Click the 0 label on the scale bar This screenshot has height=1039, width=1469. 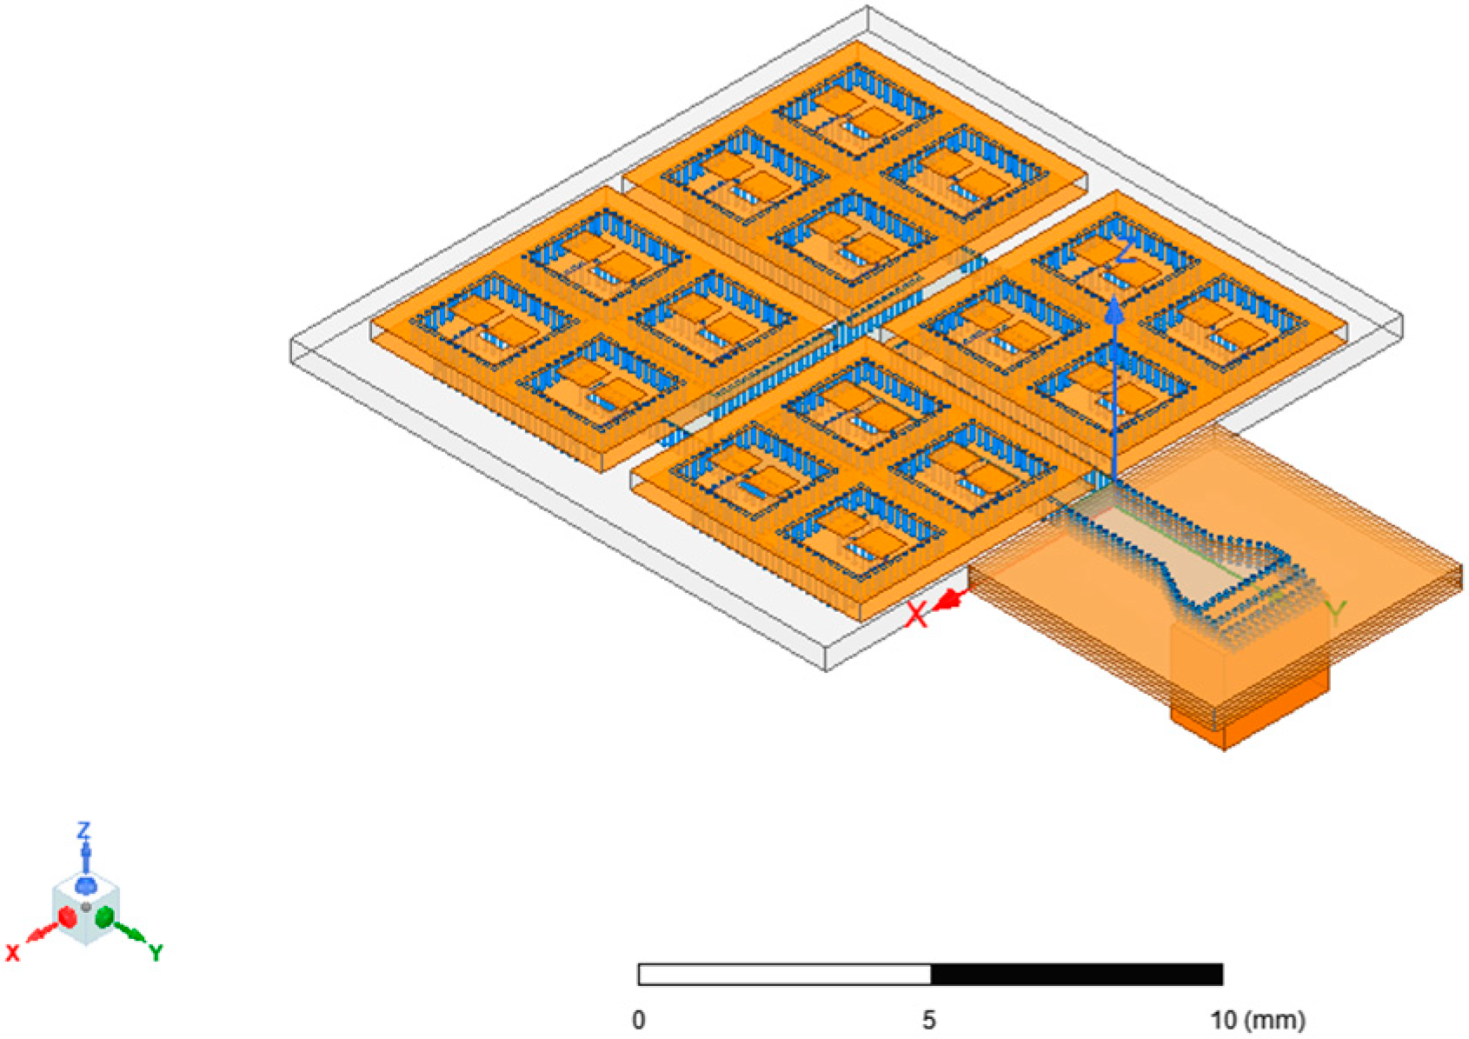click(639, 1020)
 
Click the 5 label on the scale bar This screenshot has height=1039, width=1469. click(929, 1020)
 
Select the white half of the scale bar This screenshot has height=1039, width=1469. click(784, 975)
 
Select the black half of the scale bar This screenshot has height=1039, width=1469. click(1076, 975)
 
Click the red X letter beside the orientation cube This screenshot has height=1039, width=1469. click(12, 953)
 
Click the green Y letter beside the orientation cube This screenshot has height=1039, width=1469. click(156, 953)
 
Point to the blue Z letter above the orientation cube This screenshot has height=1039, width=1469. click(84, 829)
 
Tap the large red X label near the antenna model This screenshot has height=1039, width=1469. click(916, 616)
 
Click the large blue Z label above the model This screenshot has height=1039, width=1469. click(1125, 252)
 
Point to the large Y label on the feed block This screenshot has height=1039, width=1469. click(1336, 613)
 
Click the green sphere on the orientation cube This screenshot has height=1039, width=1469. click(104, 916)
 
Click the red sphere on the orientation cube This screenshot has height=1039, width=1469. click(67, 916)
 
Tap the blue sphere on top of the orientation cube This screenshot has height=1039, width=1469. click(85, 885)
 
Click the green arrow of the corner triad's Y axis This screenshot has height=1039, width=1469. click(132, 935)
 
